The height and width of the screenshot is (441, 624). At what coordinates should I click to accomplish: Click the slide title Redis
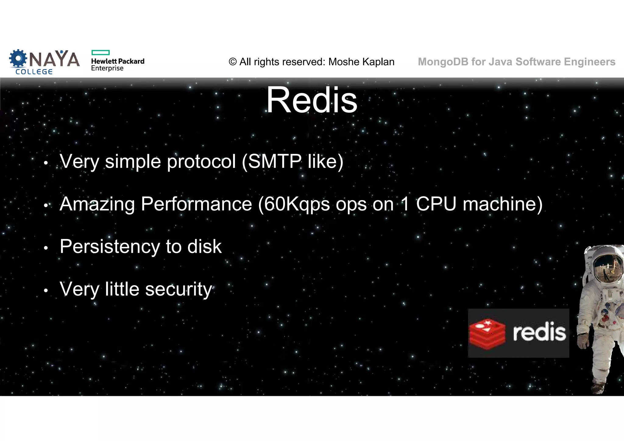pyautogui.click(x=312, y=100)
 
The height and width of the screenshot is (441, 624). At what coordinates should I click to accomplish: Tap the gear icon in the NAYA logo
pyautogui.click(x=18, y=58)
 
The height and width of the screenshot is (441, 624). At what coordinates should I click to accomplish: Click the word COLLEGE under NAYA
pyautogui.click(x=34, y=72)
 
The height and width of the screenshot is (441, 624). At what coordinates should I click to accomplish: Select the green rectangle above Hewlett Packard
pyautogui.click(x=100, y=53)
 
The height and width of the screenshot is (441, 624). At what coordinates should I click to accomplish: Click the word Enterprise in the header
pyautogui.click(x=107, y=68)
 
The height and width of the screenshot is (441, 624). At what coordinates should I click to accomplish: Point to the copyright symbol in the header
pyautogui.click(x=232, y=62)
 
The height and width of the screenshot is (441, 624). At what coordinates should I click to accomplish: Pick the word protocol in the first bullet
pyautogui.click(x=201, y=162)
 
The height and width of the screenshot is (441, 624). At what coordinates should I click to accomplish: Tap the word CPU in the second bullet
pyautogui.click(x=436, y=204)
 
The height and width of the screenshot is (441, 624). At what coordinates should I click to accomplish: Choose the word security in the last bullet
pyautogui.click(x=178, y=289)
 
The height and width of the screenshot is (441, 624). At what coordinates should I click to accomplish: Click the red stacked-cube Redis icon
pyautogui.click(x=487, y=333)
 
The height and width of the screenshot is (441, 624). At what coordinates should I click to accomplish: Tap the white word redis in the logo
pyautogui.click(x=539, y=332)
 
